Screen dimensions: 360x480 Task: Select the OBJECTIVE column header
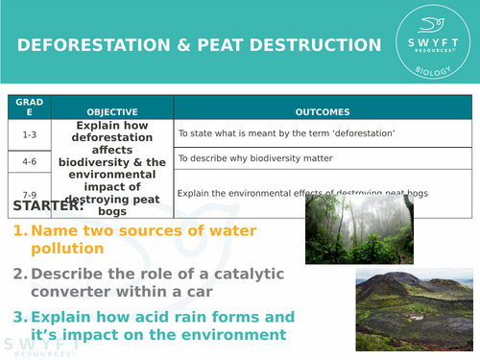point(112,112)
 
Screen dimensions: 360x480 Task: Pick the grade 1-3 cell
point(29,134)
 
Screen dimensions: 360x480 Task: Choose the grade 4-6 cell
point(29,161)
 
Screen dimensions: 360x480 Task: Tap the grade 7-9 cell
point(29,191)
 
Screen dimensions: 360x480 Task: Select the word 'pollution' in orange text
point(67,249)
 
